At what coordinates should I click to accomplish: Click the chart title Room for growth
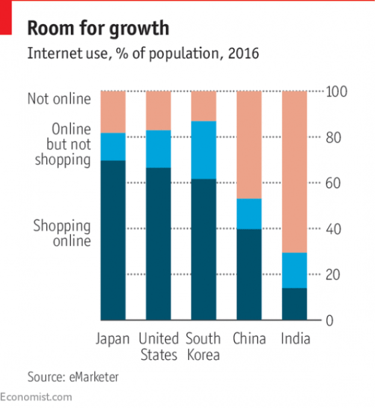(x=99, y=28)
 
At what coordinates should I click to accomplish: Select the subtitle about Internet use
(x=143, y=54)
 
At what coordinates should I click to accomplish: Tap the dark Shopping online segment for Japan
(x=113, y=240)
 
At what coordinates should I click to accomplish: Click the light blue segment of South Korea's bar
(x=203, y=150)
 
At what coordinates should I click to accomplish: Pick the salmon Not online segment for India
(x=294, y=172)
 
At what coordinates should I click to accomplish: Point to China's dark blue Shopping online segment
(x=249, y=274)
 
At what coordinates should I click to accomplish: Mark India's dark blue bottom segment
(x=294, y=304)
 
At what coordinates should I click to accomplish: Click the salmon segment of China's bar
(x=249, y=145)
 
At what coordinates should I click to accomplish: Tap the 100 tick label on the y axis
(x=336, y=92)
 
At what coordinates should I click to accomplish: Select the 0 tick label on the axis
(x=330, y=320)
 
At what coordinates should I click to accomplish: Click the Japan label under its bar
(x=113, y=339)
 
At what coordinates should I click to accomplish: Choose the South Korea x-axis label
(x=203, y=347)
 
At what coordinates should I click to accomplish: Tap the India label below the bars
(x=295, y=339)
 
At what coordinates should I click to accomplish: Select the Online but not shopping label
(x=63, y=145)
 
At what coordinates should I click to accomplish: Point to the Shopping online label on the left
(x=62, y=233)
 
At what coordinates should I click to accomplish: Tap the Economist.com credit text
(x=36, y=397)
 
